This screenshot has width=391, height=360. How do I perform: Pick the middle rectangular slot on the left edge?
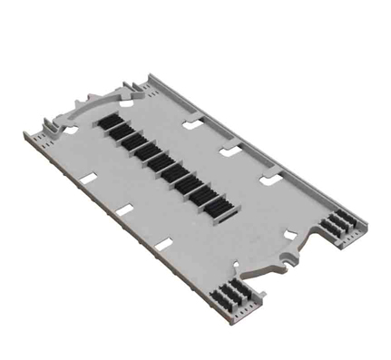124,211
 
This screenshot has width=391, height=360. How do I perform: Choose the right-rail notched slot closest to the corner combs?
269,180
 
